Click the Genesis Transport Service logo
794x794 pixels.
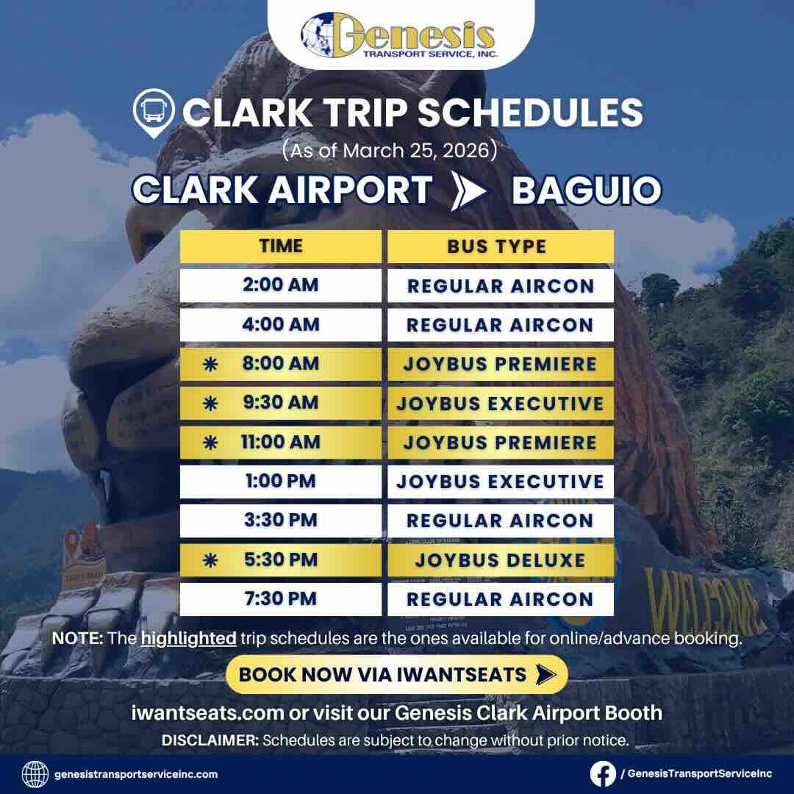398,35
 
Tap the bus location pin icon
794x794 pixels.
153,113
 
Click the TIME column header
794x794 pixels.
281,246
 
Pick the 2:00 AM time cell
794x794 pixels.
281,285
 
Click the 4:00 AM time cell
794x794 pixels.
281,324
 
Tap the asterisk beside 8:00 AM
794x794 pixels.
210,364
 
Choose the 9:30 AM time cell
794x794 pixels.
281,403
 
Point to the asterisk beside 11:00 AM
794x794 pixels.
210,443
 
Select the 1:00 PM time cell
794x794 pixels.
281,482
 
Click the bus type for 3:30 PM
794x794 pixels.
500,521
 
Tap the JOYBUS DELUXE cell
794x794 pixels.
500,560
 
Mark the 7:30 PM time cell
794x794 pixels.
281,599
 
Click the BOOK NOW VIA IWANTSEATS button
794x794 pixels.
396,674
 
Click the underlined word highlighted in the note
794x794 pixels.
189,638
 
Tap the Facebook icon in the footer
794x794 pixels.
603,773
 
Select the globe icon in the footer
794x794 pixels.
35,773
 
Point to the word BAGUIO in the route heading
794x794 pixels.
586,190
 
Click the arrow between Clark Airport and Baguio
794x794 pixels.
471,190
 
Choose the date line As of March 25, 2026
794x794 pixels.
390,151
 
